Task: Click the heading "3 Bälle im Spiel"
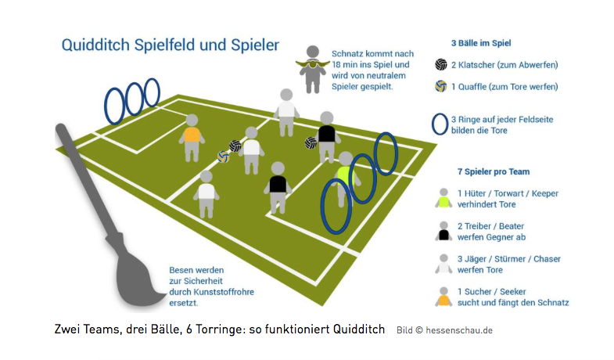click(481, 43)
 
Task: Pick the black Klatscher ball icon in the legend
click(440, 64)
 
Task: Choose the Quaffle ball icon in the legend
click(440, 86)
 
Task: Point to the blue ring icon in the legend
click(440, 124)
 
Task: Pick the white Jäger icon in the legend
click(443, 264)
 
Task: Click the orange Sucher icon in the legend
click(443, 297)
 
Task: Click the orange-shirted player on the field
click(192, 137)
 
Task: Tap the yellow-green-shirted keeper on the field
click(345, 176)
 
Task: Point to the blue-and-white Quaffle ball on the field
click(223, 157)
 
